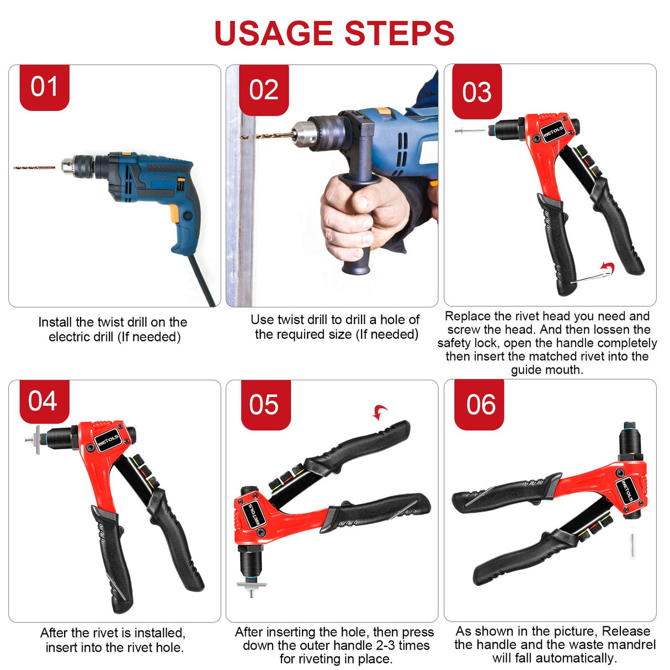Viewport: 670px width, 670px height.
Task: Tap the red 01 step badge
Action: point(44,87)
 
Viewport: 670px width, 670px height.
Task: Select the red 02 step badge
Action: point(263,90)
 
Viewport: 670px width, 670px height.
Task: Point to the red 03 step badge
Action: point(477,92)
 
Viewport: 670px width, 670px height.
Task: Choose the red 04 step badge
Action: point(43,401)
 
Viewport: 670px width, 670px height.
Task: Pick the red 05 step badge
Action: point(264,405)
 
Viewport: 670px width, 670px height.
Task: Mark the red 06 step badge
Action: point(480,405)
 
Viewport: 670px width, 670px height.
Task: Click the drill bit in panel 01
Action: point(34,167)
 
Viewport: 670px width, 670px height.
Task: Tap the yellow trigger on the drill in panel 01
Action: point(174,213)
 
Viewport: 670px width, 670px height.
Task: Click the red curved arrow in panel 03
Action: point(607,268)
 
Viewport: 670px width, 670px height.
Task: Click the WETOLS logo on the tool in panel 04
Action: point(108,440)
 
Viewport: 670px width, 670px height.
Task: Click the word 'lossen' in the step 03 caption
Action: point(607,329)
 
